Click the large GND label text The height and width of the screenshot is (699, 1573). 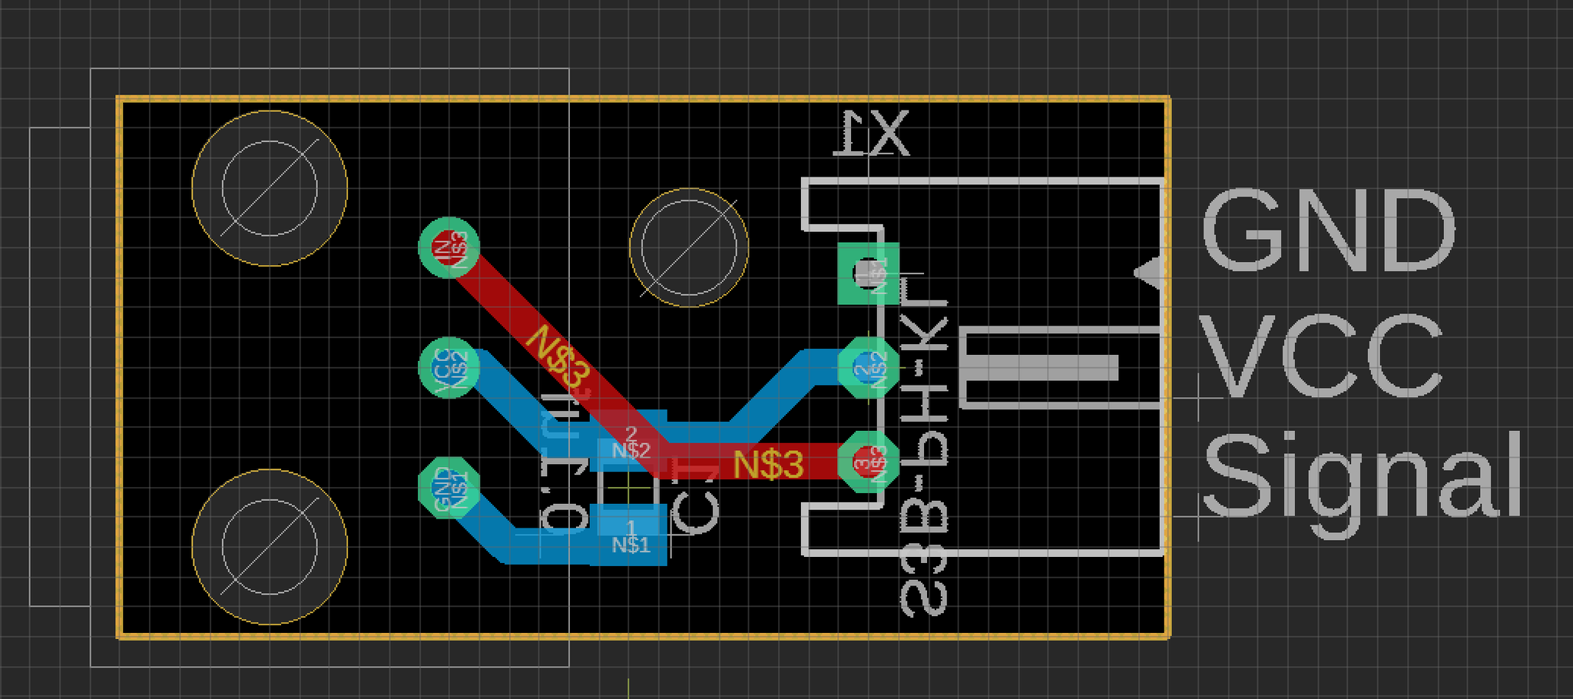(x=1328, y=230)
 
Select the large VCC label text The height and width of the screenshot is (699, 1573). (x=1321, y=356)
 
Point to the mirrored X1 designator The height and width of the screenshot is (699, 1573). (x=873, y=134)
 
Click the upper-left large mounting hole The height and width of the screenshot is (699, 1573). (x=270, y=188)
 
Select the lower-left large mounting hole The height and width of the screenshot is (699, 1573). (x=270, y=546)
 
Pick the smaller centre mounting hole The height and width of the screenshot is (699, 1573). (x=689, y=247)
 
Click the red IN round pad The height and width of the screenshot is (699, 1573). (x=449, y=247)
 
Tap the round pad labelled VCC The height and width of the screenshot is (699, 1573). (x=449, y=368)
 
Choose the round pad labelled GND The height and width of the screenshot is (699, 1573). (x=449, y=487)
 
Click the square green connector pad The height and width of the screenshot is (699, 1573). (x=868, y=273)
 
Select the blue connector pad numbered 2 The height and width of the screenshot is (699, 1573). (x=868, y=368)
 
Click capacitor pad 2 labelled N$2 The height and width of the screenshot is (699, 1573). (x=631, y=446)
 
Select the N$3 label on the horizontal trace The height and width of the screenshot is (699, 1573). (x=768, y=464)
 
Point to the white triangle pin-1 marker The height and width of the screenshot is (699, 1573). (x=1148, y=273)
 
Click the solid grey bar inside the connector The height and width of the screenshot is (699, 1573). (x=1041, y=368)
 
